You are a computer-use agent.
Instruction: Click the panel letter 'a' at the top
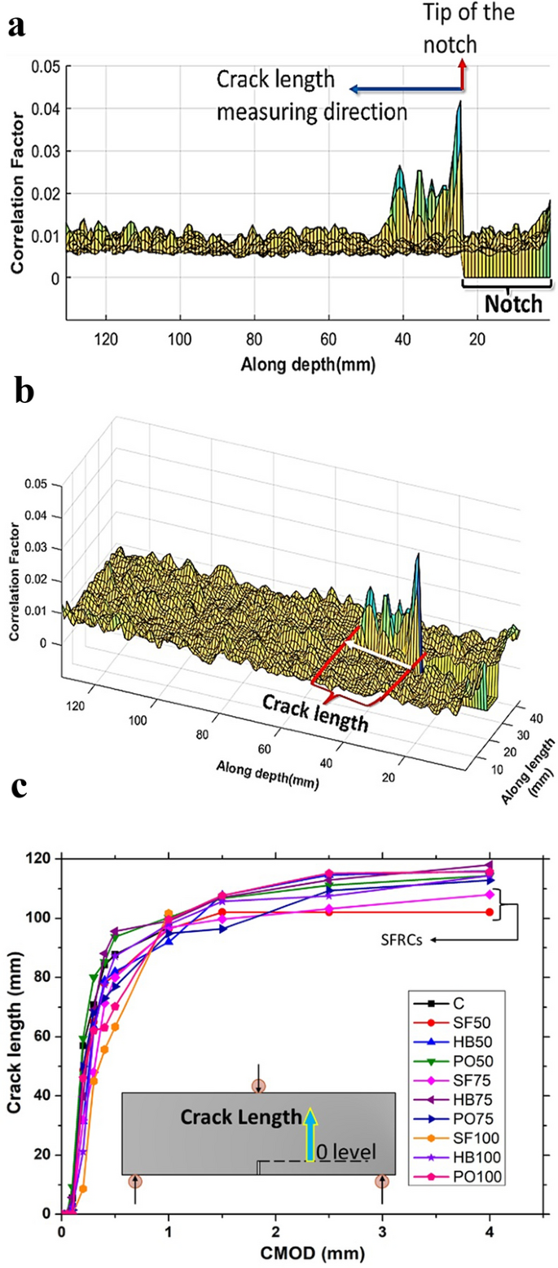coord(15,25)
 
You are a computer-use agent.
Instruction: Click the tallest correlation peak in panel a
coord(459,103)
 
